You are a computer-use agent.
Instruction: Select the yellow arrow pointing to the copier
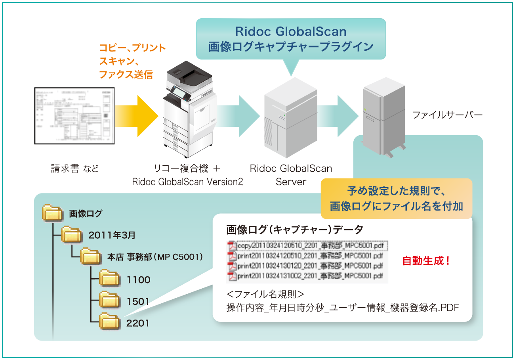(136, 115)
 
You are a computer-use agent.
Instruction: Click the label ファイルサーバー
(447, 115)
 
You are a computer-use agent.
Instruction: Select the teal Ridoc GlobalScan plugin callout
(291, 39)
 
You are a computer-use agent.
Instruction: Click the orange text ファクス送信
(126, 75)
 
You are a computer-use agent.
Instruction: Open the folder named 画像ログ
(53, 213)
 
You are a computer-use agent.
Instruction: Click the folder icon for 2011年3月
(72, 235)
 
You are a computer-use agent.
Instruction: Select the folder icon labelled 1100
(109, 279)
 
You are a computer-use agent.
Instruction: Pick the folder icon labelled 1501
(109, 301)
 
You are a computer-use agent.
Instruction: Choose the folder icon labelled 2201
(109, 322)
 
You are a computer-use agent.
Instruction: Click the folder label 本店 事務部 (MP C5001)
(155, 257)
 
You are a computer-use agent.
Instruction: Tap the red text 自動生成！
(426, 261)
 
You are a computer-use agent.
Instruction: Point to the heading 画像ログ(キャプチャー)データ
(295, 230)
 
